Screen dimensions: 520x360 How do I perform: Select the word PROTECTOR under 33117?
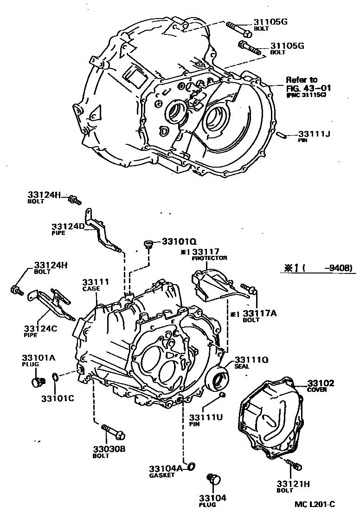[210, 258]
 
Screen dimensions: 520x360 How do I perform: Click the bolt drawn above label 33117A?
[249, 290]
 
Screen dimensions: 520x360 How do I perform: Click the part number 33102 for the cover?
[321, 383]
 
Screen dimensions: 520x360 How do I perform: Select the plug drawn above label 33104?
[214, 479]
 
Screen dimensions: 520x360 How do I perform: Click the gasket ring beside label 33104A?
[191, 467]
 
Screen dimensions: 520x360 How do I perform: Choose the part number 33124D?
[68, 227]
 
